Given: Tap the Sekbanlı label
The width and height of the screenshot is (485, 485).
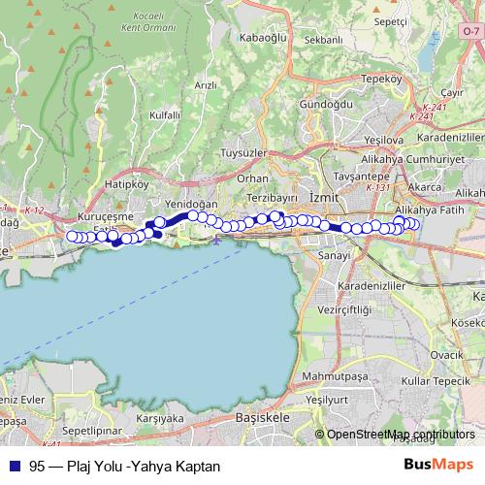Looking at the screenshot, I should pos(324,40).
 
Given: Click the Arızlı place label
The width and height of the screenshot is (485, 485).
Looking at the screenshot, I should pos(205,85).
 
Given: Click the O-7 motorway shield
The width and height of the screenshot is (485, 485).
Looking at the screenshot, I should pos(470,32).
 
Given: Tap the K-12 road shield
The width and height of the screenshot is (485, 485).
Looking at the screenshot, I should pos(35,210).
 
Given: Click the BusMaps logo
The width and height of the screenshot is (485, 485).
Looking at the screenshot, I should pos(439,464).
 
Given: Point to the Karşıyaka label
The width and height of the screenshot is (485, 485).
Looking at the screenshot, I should pos(161,419).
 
